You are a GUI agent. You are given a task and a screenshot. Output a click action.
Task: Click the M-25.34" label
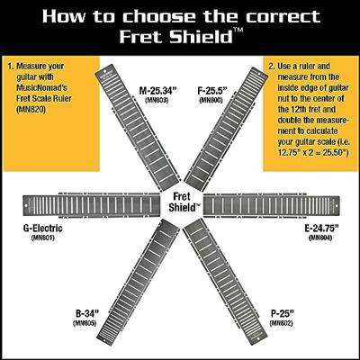click(x=158, y=91)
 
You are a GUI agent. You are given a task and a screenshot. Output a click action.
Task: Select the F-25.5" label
click(x=213, y=91)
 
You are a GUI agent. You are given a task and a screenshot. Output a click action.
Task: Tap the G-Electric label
click(x=43, y=229)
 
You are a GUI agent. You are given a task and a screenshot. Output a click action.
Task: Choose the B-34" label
click(x=87, y=314)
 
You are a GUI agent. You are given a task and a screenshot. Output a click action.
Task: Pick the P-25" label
click(x=282, y=314)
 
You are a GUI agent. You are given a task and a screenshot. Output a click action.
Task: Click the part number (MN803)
click(x=157, y=100)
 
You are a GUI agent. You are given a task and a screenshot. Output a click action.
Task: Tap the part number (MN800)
click(x=211, y=100)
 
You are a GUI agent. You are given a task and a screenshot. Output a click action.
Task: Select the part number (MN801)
click(x=42, y=238)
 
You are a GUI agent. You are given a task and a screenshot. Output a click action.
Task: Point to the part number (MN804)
click(x=320, y=238)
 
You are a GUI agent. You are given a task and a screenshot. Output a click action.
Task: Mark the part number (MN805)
click(x=85, y=323)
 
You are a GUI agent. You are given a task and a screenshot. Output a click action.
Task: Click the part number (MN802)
click(x=281, y=323)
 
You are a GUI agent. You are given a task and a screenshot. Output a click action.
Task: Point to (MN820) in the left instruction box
click(x=31, y=110)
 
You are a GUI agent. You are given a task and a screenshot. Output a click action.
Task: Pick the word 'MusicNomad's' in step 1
click(x=41, y=87)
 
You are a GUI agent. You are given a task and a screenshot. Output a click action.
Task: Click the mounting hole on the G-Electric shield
click(x=26, y=206)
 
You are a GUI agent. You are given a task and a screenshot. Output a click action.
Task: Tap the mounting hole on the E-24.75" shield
click(x=336, y=206)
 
